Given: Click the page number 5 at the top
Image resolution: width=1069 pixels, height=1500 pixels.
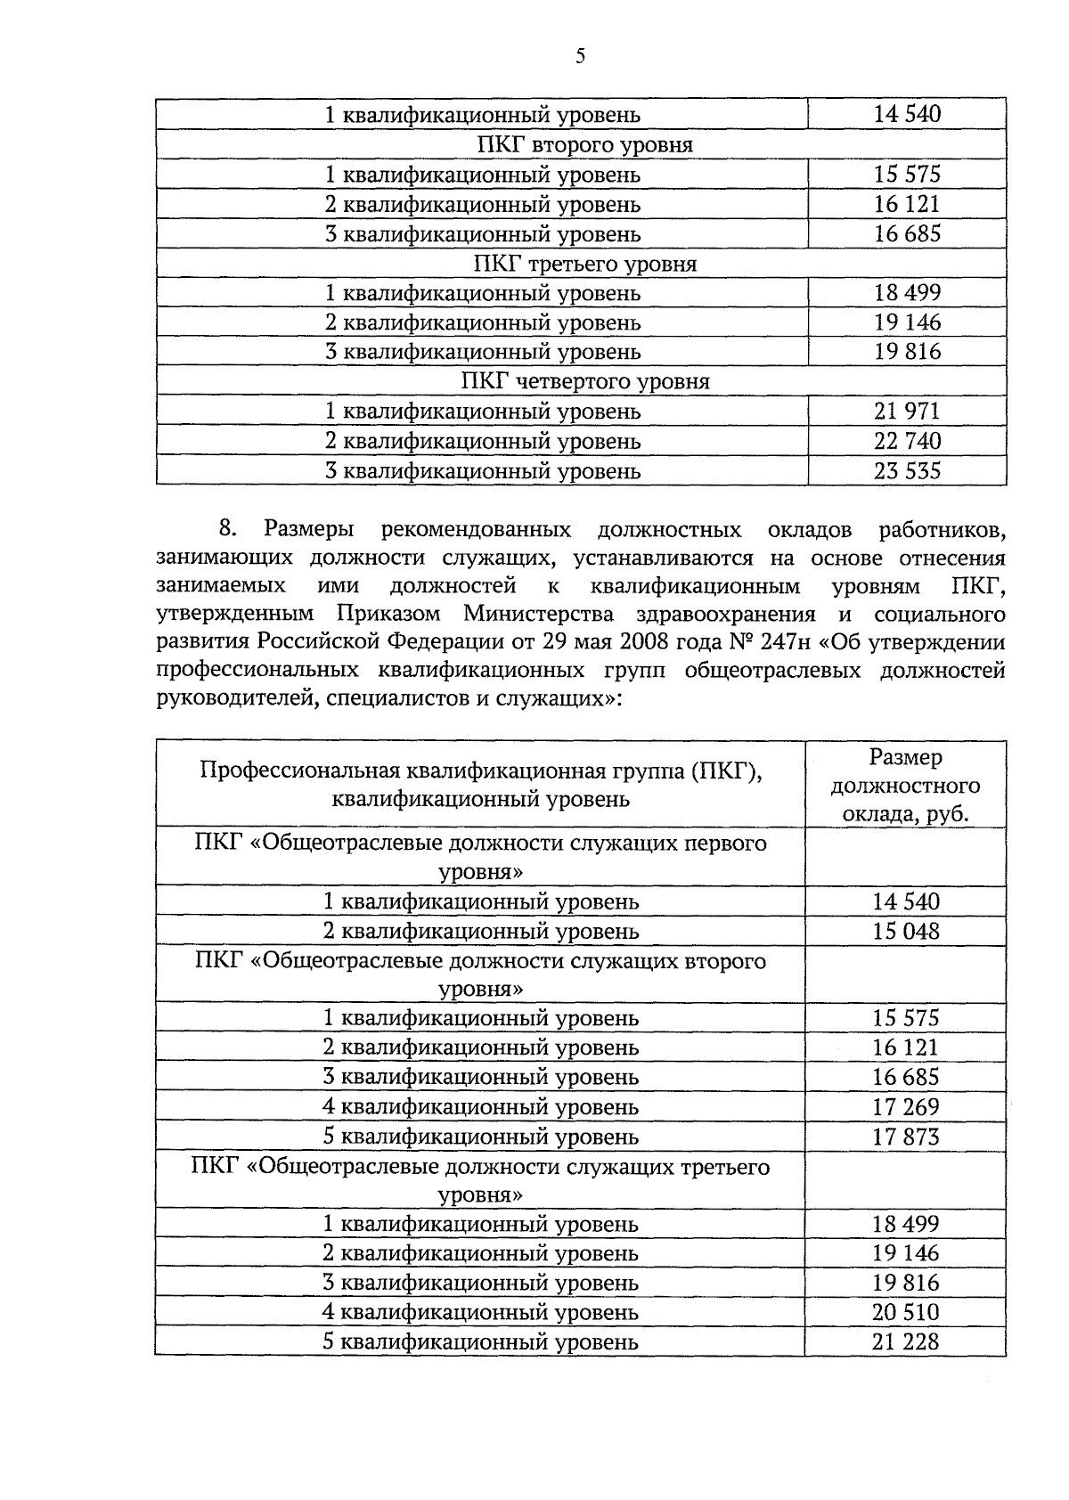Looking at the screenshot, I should [580, 56].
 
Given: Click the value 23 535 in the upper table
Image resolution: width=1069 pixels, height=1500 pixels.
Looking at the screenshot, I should [907, 470].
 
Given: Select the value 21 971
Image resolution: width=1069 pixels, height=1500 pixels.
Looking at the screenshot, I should [907, 412].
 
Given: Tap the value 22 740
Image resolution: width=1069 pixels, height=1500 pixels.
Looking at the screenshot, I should [907, 441].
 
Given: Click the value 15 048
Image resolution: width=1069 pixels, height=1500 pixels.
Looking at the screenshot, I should [906, 931].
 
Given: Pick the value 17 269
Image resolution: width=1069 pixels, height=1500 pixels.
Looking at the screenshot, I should [906, 1107].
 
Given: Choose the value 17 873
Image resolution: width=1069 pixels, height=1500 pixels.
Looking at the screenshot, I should [906, 1137].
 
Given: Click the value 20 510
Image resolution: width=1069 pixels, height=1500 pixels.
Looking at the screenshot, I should [906, 1312].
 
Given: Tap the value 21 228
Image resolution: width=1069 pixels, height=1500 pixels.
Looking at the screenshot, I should [906, 1341].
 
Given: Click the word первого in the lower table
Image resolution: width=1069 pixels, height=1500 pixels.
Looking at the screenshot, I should [723, 843].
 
